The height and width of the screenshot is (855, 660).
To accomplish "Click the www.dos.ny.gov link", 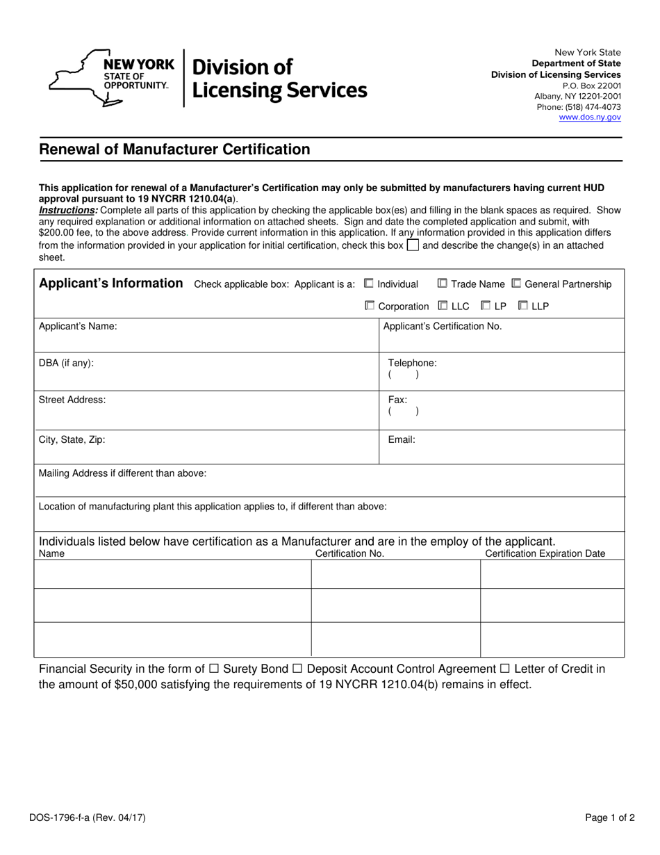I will click(590, 117).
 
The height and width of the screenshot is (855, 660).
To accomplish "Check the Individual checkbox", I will click(369, 284).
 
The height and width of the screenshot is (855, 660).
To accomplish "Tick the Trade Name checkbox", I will click(443, 284).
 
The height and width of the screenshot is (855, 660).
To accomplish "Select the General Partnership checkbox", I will click(516, 284).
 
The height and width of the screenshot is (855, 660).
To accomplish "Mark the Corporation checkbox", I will click(370, 306).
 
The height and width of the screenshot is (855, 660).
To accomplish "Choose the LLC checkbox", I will click(443, 306).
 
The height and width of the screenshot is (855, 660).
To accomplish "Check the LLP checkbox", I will click(523, 306).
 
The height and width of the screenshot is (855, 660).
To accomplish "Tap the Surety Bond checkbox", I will click(214, 669).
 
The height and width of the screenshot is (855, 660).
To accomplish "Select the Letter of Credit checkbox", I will click(505, 669).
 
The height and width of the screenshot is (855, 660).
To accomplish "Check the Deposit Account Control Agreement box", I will click(297, 669).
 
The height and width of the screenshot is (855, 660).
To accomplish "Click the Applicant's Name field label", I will click(78, 326).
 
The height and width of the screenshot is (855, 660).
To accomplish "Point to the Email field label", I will click(402, 439).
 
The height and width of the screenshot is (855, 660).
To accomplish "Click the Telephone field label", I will click(412, 363).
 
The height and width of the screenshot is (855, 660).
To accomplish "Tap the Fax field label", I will click(397, 400).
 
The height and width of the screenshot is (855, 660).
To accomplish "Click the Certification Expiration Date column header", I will click(545, 553).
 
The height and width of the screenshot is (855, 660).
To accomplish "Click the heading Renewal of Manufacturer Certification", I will click(174, 149).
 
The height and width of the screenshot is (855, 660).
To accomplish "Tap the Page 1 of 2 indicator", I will click(610, 818).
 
